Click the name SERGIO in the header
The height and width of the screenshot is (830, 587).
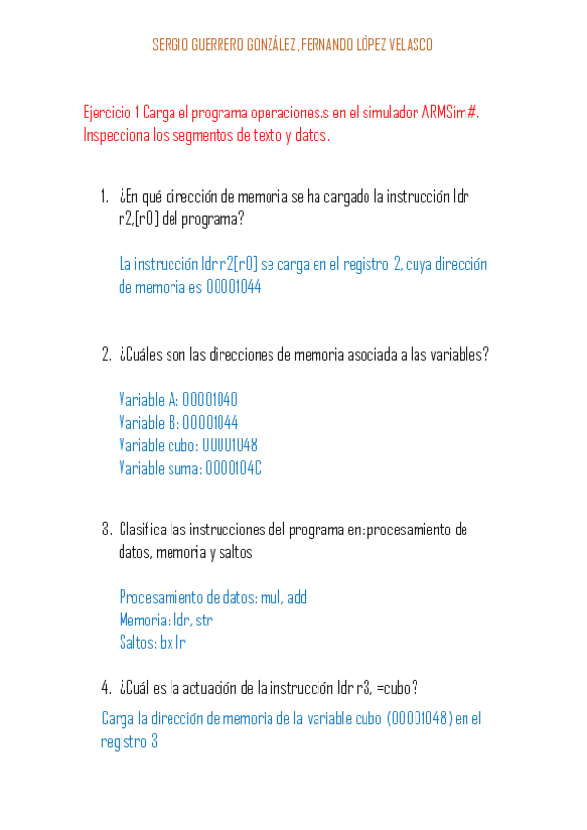click(169, 45)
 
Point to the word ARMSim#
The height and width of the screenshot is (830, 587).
click(452, 113)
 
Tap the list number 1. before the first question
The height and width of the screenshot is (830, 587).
click(105, 196)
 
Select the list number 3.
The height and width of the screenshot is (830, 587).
click(106, 530)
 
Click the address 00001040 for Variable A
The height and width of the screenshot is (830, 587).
click(210, 400)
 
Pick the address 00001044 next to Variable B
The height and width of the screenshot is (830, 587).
click(210, 423)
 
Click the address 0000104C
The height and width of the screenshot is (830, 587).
click(233, 468)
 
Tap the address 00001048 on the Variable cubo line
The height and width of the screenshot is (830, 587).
click(229, 445)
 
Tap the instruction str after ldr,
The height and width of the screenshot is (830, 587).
click(204, 620)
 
